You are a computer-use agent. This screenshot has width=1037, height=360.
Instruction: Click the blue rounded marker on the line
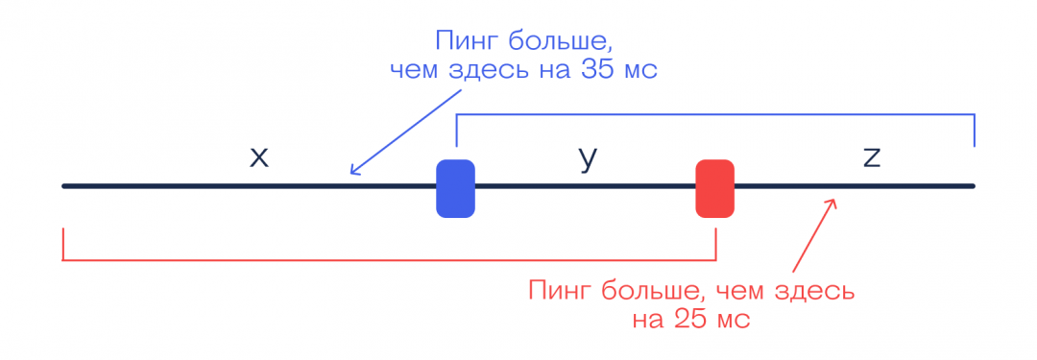point(455,188)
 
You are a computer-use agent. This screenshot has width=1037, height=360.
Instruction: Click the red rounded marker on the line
point(714,188)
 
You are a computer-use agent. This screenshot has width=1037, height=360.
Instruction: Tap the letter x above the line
point(258,157)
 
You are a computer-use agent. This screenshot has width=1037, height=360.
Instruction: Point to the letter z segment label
point(871,157)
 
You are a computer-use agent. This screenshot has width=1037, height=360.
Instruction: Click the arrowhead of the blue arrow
point(352,173)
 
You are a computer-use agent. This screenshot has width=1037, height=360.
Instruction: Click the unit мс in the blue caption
point(643,72)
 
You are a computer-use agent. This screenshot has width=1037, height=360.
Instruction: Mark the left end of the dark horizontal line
point(64,185)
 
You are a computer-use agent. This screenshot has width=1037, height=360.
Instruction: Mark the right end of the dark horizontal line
point(973,185)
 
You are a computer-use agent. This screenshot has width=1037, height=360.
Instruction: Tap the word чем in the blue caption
point(415,72)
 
